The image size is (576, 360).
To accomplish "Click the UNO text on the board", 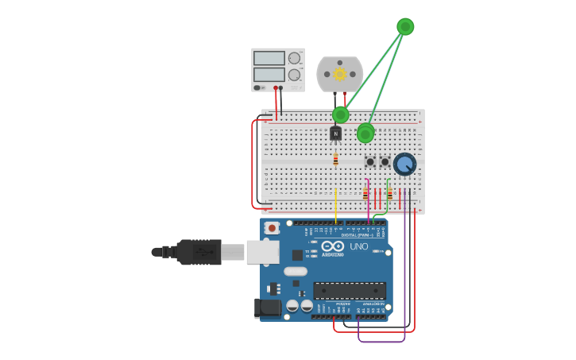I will coord(359,246).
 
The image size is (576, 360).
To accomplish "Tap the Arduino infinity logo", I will coord(333,246).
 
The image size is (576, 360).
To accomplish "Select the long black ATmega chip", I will coord(350,290).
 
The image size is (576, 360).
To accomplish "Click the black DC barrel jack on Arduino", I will coord(268,308).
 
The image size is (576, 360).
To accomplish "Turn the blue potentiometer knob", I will coord(404,165).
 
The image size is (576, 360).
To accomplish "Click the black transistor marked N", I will coord(336,134).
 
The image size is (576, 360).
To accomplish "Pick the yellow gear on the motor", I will coord(340,74).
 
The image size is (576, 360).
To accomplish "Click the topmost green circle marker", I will coord(405,26).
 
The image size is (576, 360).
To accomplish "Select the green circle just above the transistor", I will coord(341,114).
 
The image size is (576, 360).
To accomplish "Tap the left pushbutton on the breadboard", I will coord(370,161).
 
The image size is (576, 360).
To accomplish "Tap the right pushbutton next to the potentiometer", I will coord(385,161).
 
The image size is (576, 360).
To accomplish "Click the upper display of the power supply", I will coord(269,58).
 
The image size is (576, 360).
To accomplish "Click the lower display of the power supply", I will coord(269,75).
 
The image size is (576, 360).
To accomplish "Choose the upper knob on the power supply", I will coord(294,58).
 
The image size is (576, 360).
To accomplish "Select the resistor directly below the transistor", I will coord(336,160).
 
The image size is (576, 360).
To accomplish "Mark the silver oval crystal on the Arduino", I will coord(296,272).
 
